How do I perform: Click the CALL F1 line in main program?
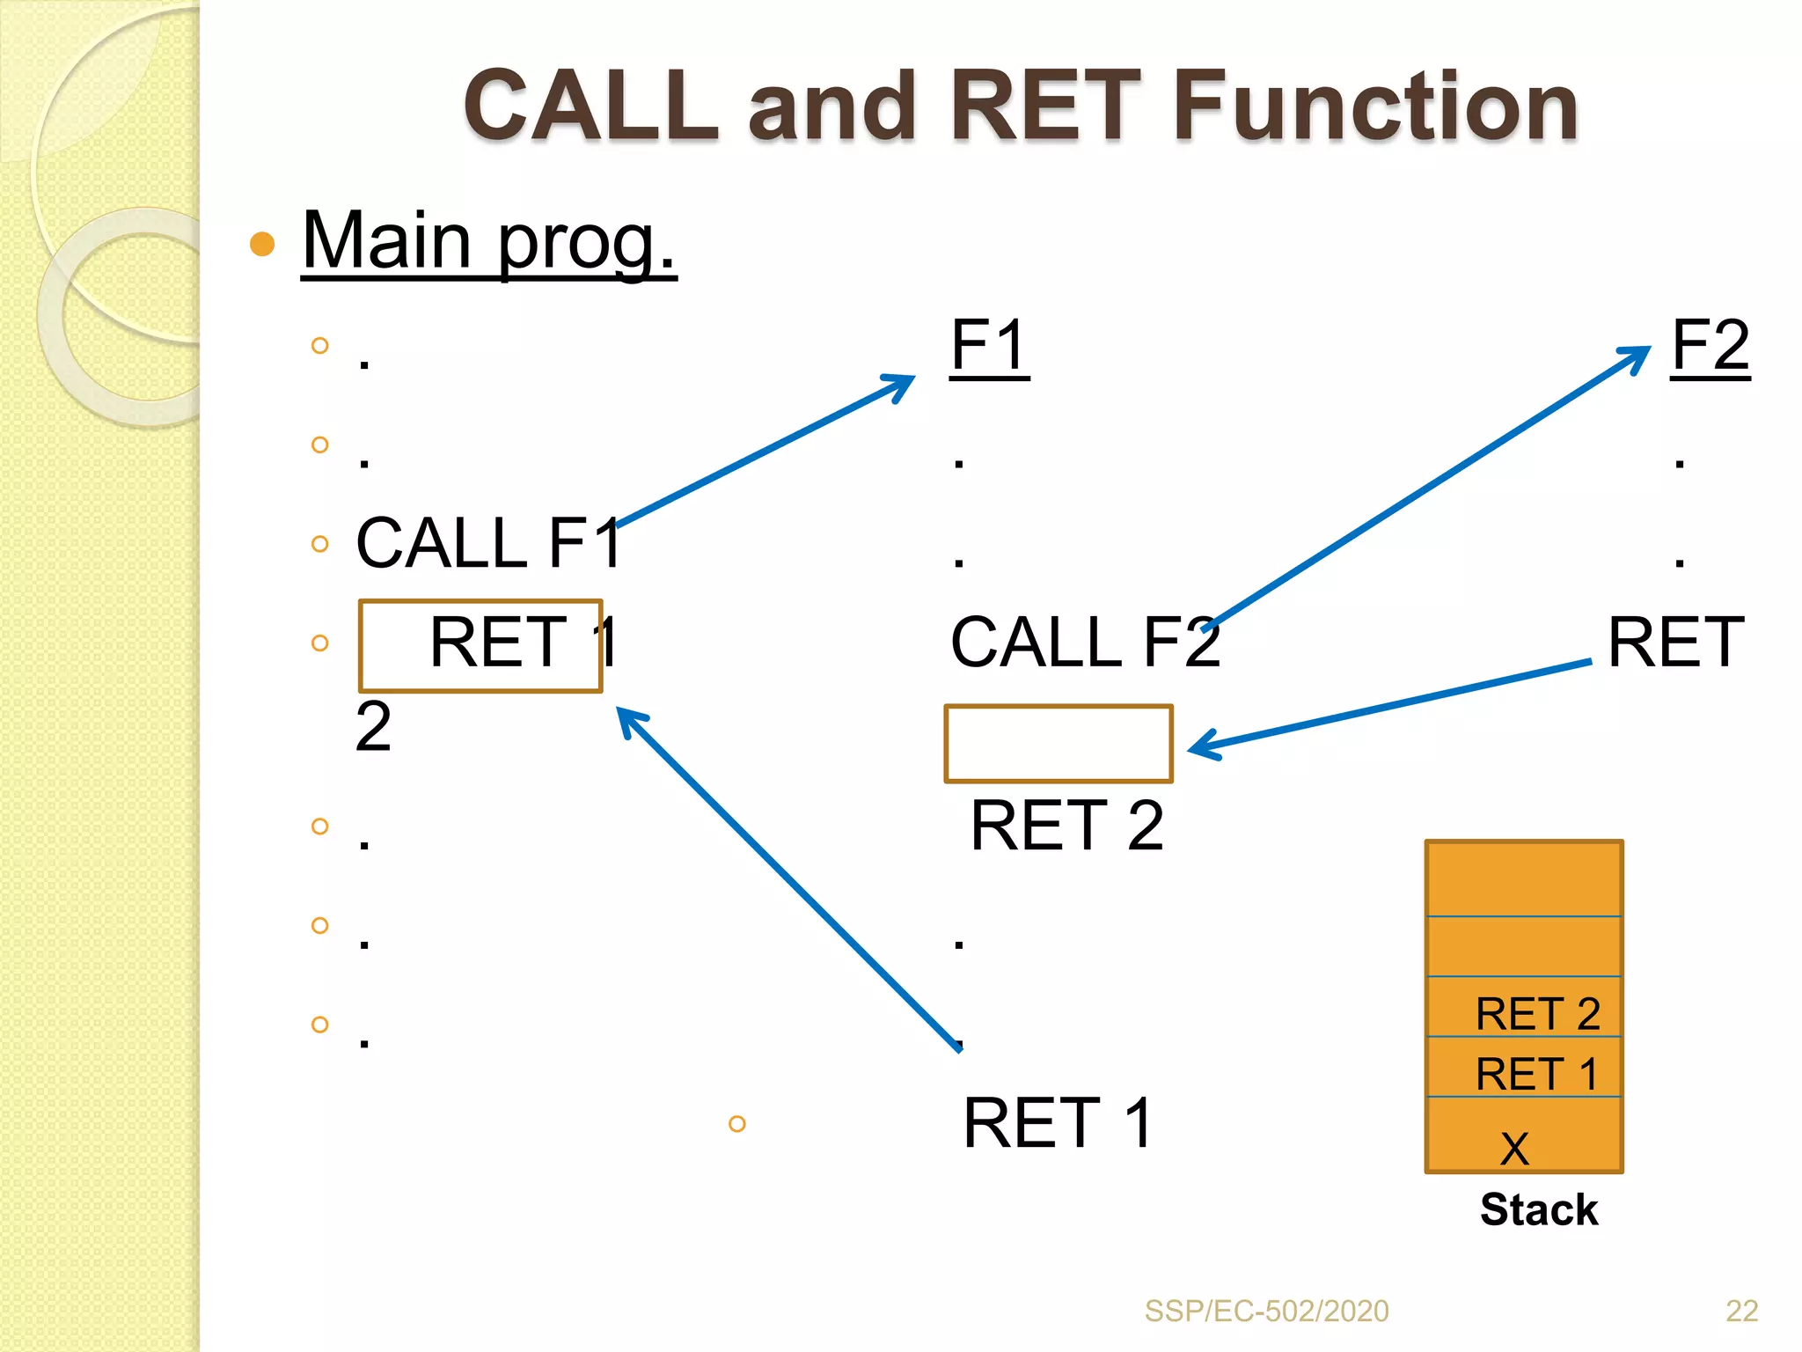point(488,543)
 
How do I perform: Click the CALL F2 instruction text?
point(1085,643)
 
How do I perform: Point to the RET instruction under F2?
point(1675,643)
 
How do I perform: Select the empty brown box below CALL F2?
point(1058,744)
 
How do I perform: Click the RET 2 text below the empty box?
point(1066,826)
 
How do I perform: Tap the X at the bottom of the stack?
point(1515,1147)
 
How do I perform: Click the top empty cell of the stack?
point(1524,878)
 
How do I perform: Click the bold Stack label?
point(1538,1209)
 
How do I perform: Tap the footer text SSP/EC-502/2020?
point(1266,1311)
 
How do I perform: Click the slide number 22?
point(1741,1311)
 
